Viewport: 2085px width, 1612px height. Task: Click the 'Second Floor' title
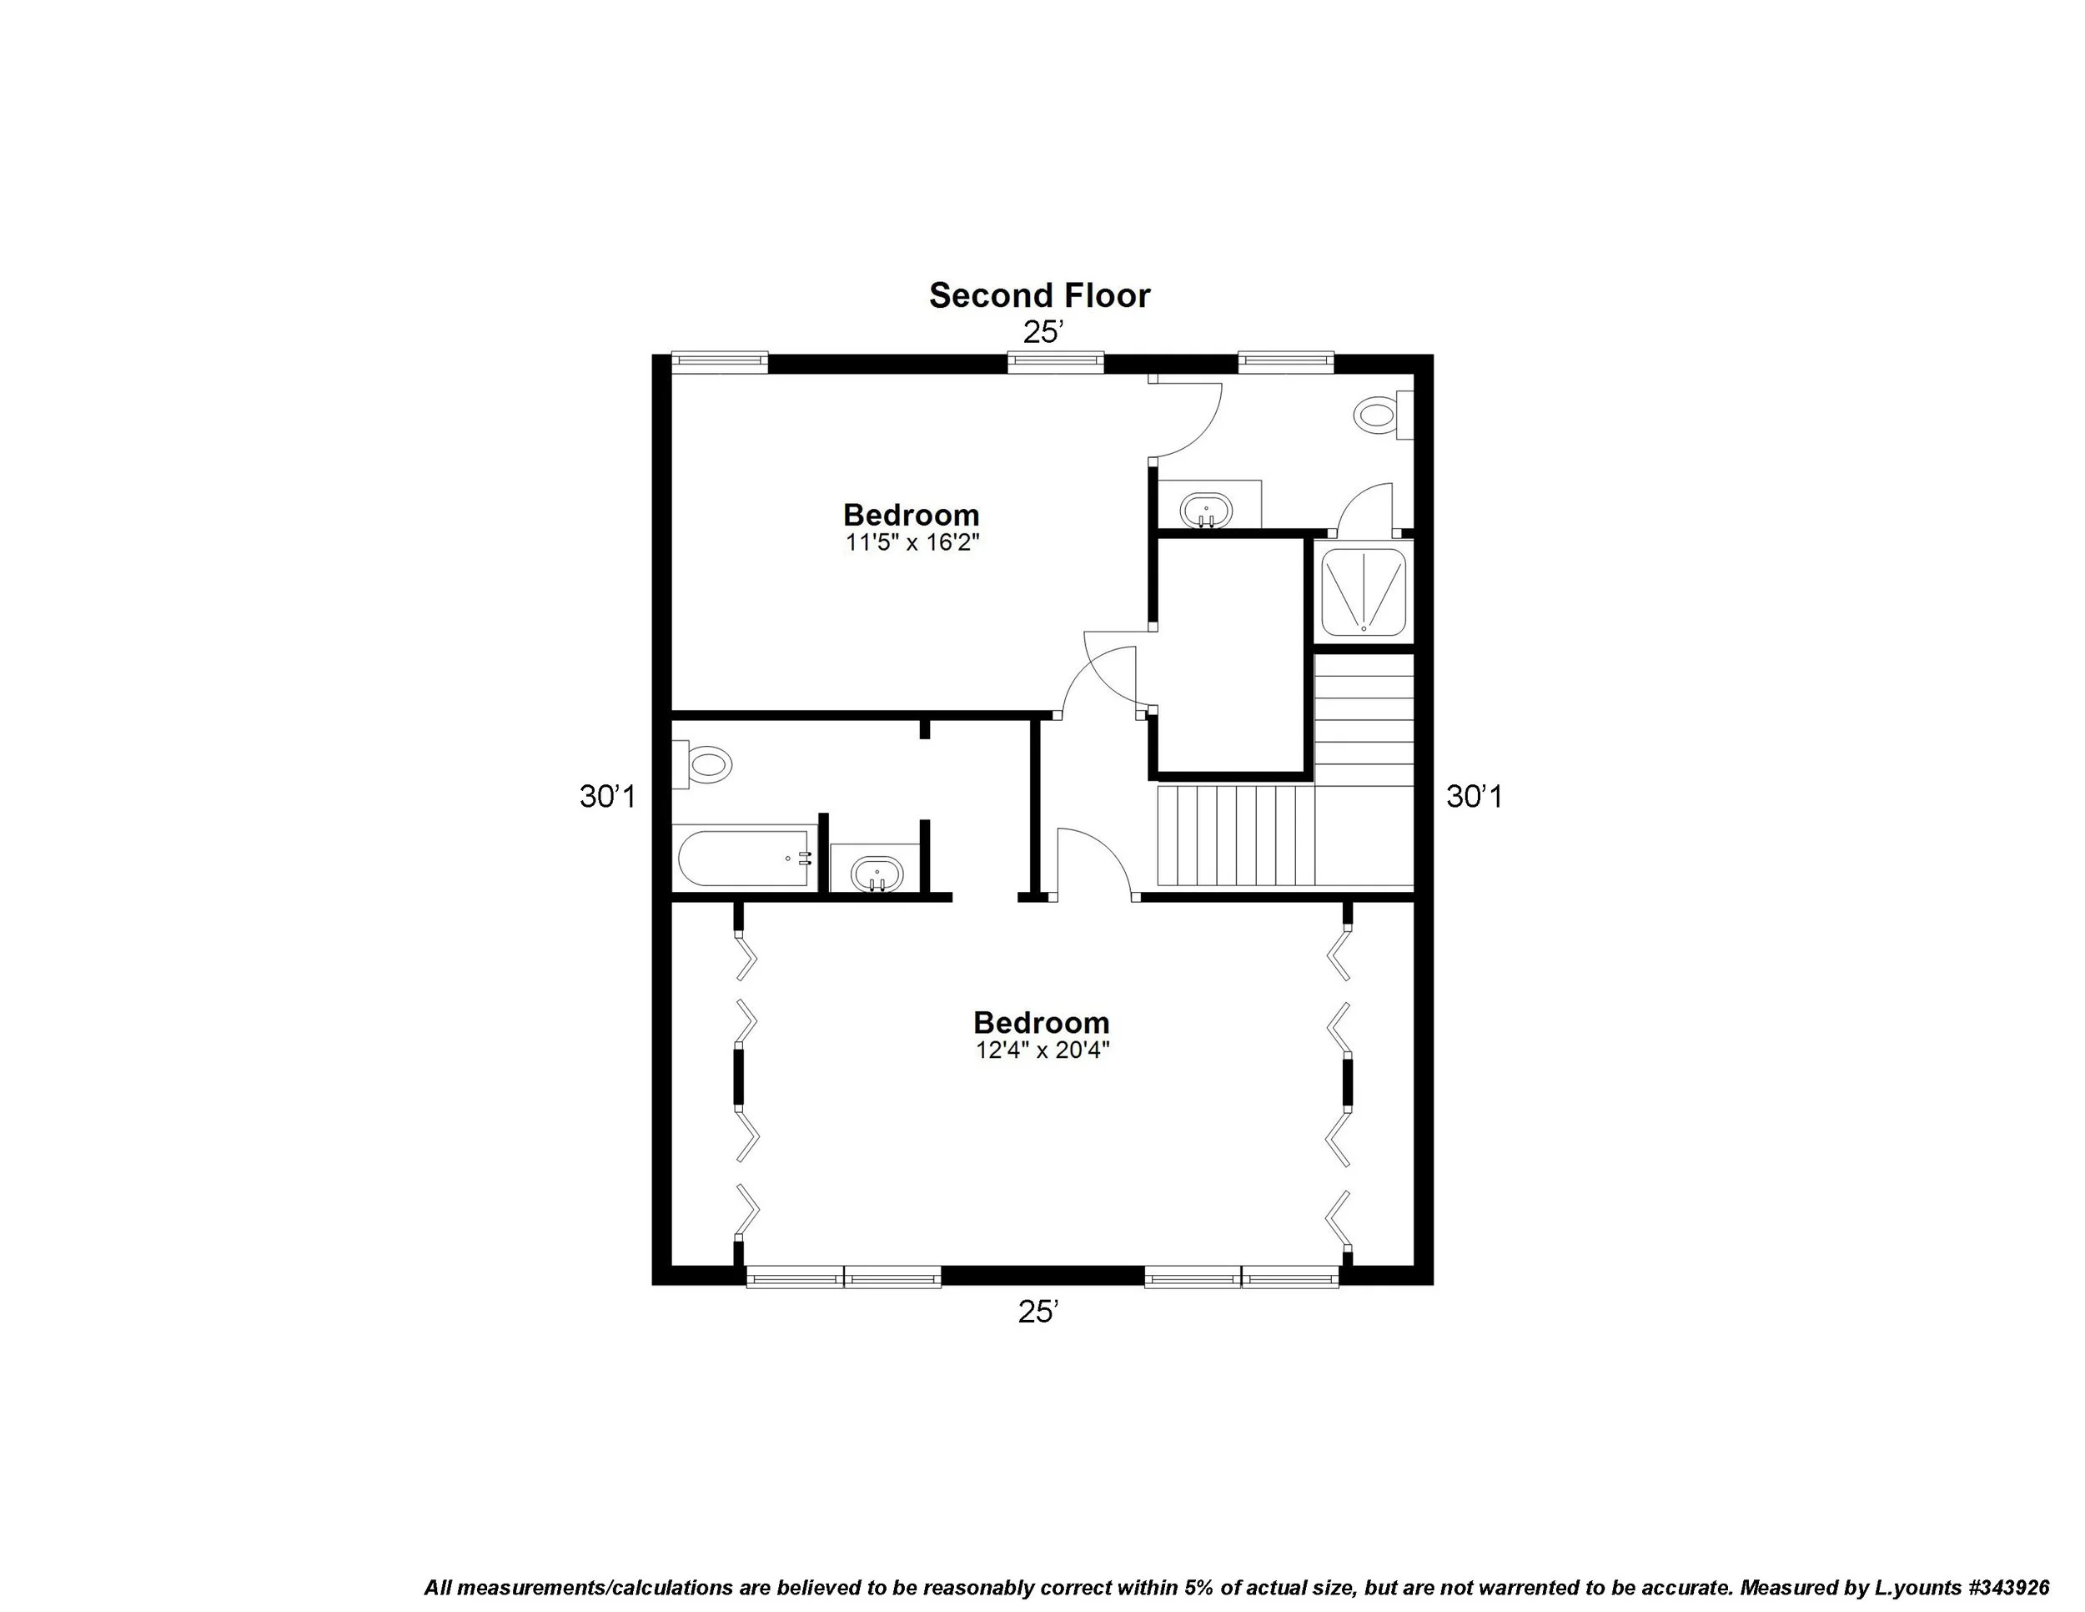1040,296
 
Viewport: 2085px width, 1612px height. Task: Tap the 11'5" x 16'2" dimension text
912,543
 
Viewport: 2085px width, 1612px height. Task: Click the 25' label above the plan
1042,332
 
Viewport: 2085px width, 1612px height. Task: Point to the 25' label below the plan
1038,1313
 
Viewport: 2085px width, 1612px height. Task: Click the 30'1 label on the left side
607,797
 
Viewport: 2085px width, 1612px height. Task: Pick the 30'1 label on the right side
1474,797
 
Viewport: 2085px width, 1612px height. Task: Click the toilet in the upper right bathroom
1380,416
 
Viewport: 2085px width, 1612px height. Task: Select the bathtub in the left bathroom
745,859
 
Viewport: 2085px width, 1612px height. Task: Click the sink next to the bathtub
877,873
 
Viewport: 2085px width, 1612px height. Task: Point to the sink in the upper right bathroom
1206,509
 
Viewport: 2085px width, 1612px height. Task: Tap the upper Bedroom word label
911,516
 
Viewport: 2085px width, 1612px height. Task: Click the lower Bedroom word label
1041,1023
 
